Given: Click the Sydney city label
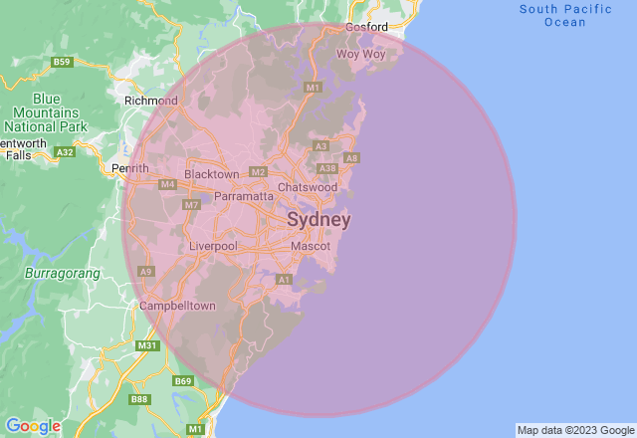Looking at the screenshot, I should coord(318,219).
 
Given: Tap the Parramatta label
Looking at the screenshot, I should coord(244,196).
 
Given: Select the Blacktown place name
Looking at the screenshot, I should coord(212,174).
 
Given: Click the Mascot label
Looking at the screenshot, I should coord(311,246).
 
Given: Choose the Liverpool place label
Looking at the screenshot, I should coord(213,246).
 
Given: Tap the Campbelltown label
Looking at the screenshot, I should coord(178,306).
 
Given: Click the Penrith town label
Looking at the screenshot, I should coord(130,168).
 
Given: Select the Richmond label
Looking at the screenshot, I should coord(150,101).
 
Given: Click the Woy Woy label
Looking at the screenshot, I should coord(360,54).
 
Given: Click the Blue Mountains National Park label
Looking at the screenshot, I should coord(46,112).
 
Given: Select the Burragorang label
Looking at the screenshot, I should coord(56,270).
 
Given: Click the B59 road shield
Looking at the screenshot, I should coord(63,62).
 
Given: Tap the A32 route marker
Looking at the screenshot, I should coord(66,152).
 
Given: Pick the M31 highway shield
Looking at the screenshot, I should coord(146,345).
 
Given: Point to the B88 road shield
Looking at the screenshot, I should coord(138,399).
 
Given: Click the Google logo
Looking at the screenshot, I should coord(33,426).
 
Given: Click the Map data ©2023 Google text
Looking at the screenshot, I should coord(574,431).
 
